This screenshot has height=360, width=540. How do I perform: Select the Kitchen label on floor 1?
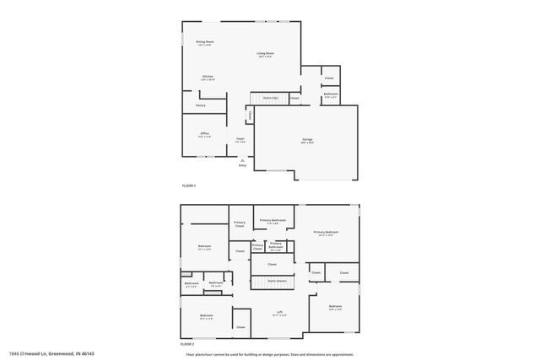point(208,78)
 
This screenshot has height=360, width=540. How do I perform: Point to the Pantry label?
point(201,105)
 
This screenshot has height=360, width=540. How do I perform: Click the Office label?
point(204,135)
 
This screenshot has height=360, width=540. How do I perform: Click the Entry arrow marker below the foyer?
point(242,160)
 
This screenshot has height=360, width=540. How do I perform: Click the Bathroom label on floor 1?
point(331,94)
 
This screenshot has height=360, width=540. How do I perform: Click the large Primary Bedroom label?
point(326,233)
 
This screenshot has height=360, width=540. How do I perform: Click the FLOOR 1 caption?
point(189,185)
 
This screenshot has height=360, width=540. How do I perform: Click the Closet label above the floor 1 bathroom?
point(329,78)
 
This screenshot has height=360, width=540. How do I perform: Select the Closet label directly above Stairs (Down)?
point(273,265)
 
